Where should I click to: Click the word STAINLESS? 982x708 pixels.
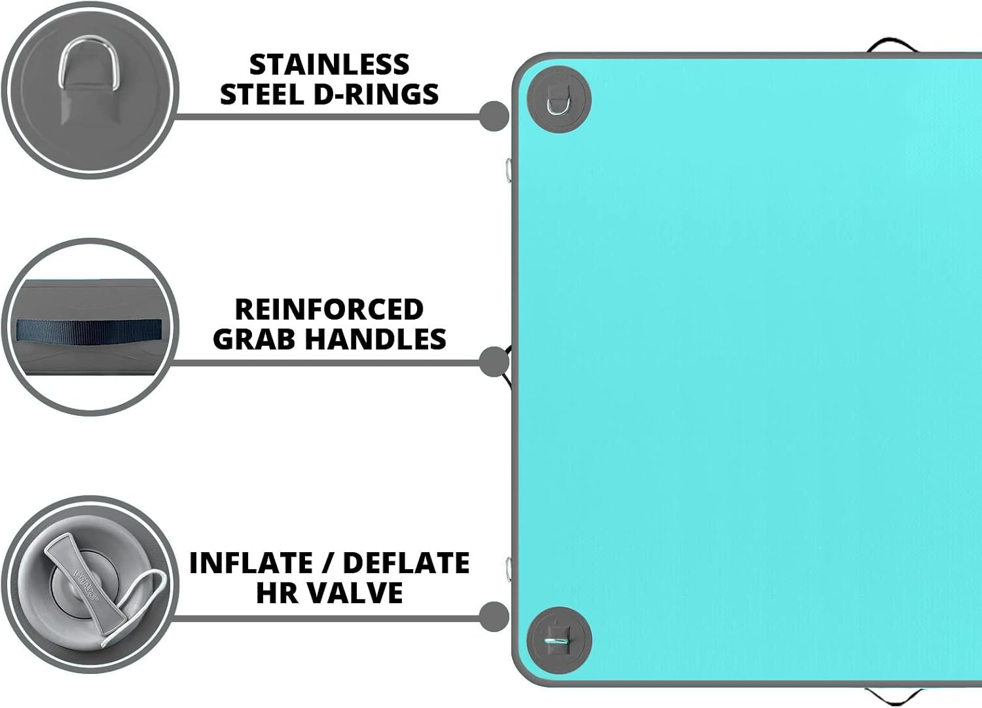(329, 64)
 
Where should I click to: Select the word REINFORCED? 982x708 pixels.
(329, 309)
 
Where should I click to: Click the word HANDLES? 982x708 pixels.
(376, 339)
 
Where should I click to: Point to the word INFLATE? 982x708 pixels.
(250, 563)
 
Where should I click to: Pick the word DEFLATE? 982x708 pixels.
(407, 563)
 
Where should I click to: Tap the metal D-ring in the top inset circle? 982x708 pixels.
(89, 64)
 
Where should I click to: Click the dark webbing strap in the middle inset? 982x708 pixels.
(89, 330)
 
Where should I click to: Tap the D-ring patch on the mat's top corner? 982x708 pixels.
(559, 100)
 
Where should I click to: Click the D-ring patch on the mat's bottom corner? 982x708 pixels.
(559, 640)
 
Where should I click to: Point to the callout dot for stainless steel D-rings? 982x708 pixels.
(494, 116)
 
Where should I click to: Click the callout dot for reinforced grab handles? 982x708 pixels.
(494, 362)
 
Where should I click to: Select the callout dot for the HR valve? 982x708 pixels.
(494, 617)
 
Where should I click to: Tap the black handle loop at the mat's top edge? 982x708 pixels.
(889, 45)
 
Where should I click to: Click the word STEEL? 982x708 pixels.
(262, 94)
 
